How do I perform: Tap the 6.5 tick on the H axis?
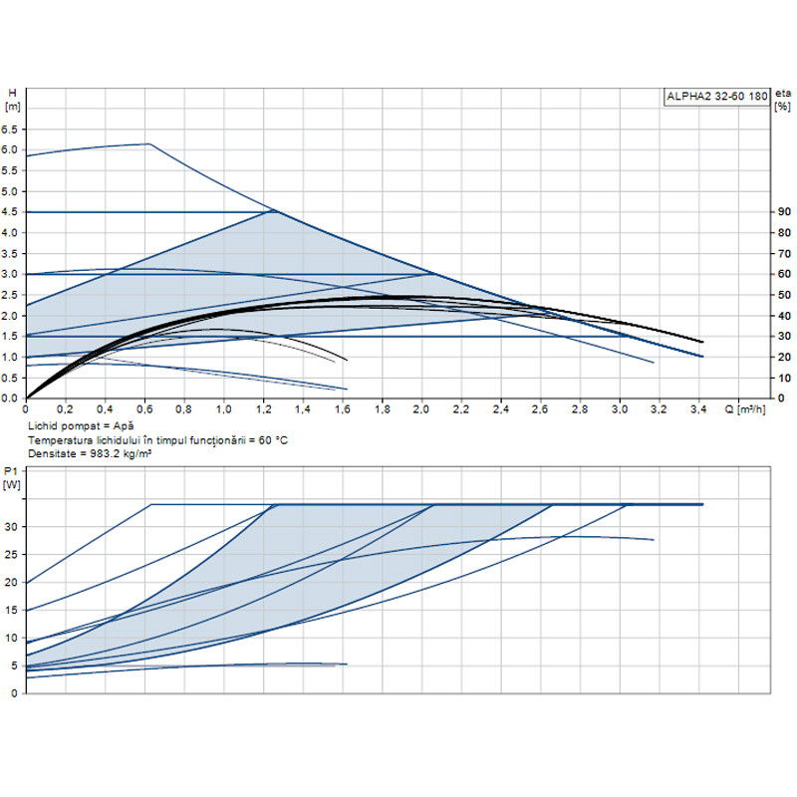point(11,130)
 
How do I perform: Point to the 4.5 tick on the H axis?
point(11,212)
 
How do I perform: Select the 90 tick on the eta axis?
point(785,212)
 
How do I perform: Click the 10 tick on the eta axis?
point(785,378)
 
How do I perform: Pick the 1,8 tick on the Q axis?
point(382,409)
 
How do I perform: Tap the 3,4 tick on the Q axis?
point(698,409)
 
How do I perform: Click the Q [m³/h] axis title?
point(745,409)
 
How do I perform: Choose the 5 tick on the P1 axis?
point(13,664)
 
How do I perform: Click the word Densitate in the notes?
point(52,453)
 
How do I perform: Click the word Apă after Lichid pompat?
point(122,425)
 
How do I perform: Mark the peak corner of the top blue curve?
point(149,144)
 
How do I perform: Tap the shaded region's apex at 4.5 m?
point(273,211)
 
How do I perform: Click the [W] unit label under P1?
point(12,485)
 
